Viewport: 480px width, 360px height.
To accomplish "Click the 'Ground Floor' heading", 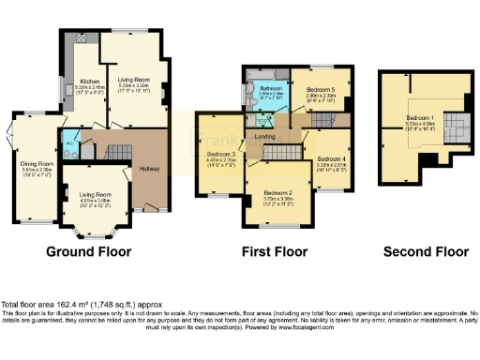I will (89, 252).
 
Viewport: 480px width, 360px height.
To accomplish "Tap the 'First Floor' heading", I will (272, 252).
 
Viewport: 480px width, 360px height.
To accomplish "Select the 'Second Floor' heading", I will (426, 252).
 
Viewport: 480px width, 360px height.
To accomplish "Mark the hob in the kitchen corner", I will (82, 38).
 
